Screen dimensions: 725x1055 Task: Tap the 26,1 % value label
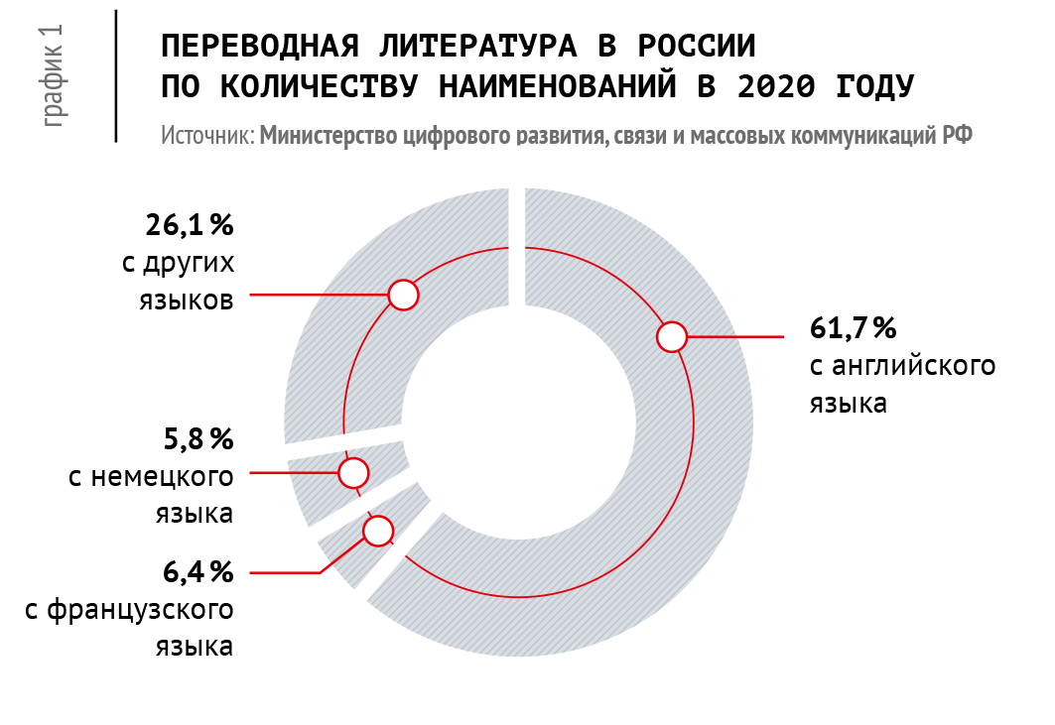pos(190,227)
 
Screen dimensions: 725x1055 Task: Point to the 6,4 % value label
pos(198,572)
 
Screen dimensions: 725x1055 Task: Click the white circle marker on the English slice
pos(672,337)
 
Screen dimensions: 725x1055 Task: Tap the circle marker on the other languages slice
pos(403,295)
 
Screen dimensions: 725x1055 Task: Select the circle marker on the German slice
pos(353,472)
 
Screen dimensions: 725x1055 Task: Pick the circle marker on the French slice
pos(377,532)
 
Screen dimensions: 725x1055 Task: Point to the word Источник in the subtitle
pos(207,136)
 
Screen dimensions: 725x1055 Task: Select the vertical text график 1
pos(55,74)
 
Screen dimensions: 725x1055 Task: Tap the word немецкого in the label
pos(163,477)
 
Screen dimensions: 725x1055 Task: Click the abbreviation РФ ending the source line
pos(956,136)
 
